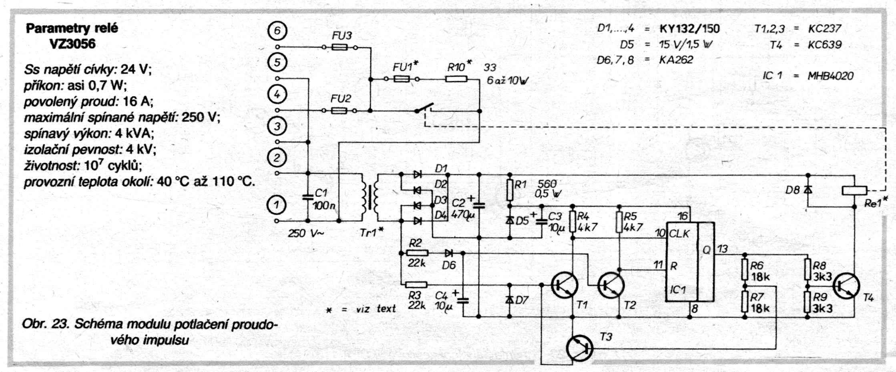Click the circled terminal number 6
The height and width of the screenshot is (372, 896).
click(x=277, y=31)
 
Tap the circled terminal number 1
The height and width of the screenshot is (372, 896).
click(x=276, y=205)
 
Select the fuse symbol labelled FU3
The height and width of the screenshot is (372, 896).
click(x=340, y=47)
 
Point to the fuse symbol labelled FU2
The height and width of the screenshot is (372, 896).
click(x=340, y=110)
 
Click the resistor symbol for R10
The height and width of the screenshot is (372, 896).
click(x=456, y=79)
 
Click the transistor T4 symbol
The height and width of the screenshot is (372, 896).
click(x=846, y=286)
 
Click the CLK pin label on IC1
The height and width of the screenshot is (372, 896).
click(x=679, y=234)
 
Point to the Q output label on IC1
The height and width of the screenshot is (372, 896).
click(x=706, y=250)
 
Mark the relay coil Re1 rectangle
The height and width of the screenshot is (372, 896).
click(x=854, y=190)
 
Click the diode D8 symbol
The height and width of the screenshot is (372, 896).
click(x=808, y=190)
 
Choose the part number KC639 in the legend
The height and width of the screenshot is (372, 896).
click(x=824, y=44)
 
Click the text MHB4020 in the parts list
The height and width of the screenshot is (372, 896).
click(x=830, y=76)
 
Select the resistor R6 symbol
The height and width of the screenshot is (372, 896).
click(x=745, y=270)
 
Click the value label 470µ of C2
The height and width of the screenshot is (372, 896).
click(x=462, y=214)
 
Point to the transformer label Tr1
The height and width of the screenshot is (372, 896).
click(x=369, y=232)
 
